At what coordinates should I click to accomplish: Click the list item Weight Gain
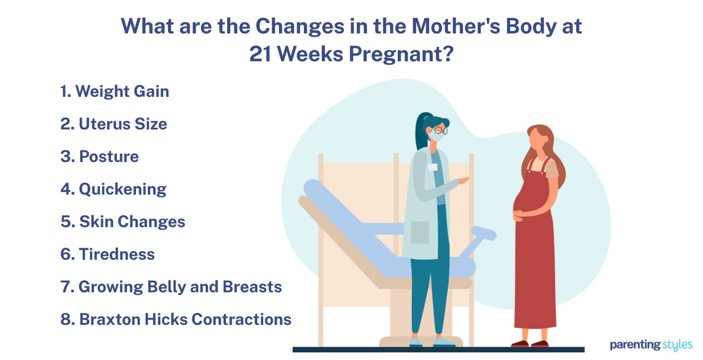[114, 91]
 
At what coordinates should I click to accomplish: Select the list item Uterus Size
[113, 124]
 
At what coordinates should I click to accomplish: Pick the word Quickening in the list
[123, 190]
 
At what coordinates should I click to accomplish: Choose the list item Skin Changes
[123, 221]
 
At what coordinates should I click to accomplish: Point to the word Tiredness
[116, 254]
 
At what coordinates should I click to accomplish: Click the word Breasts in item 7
[252, 287]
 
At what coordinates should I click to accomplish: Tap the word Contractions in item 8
[242, 319]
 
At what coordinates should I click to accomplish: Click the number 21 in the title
[260, 54]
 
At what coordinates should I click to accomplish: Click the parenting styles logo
[651, 345]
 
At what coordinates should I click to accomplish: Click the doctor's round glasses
[440, 130]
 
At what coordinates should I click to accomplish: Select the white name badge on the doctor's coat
[433, 167]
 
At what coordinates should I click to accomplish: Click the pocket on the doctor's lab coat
[420, 232]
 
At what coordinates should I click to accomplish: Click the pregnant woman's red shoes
[530, 343]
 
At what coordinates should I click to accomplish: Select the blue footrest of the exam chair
[484, 233]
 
